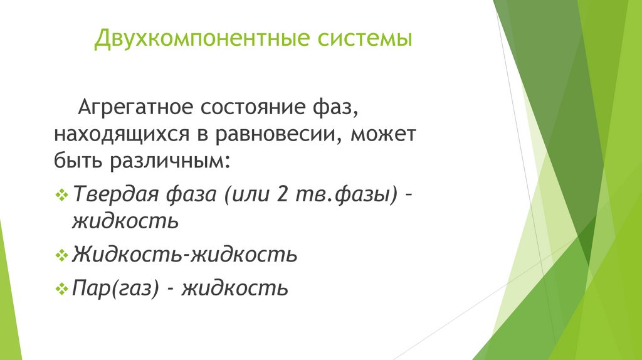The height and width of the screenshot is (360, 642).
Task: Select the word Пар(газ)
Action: tap(115, 288)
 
